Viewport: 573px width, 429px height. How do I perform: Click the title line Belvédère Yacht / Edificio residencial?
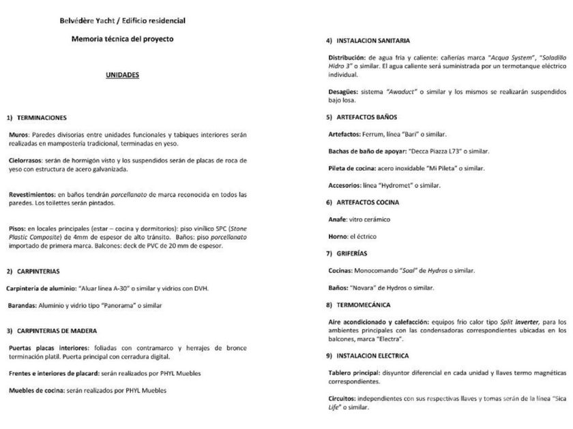(x=123, y=20)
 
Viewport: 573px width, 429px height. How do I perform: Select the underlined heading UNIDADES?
(x=123, y=75)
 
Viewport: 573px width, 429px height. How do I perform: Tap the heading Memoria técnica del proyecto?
(x=123, y=39)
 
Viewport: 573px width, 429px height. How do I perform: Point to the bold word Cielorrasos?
(x=27, y=160)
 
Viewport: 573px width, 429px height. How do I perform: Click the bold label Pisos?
(x=17, y=229)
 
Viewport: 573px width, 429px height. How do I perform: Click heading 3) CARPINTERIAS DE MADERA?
(x=58, y=330)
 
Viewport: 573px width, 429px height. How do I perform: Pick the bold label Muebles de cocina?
(x=36, y=390)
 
